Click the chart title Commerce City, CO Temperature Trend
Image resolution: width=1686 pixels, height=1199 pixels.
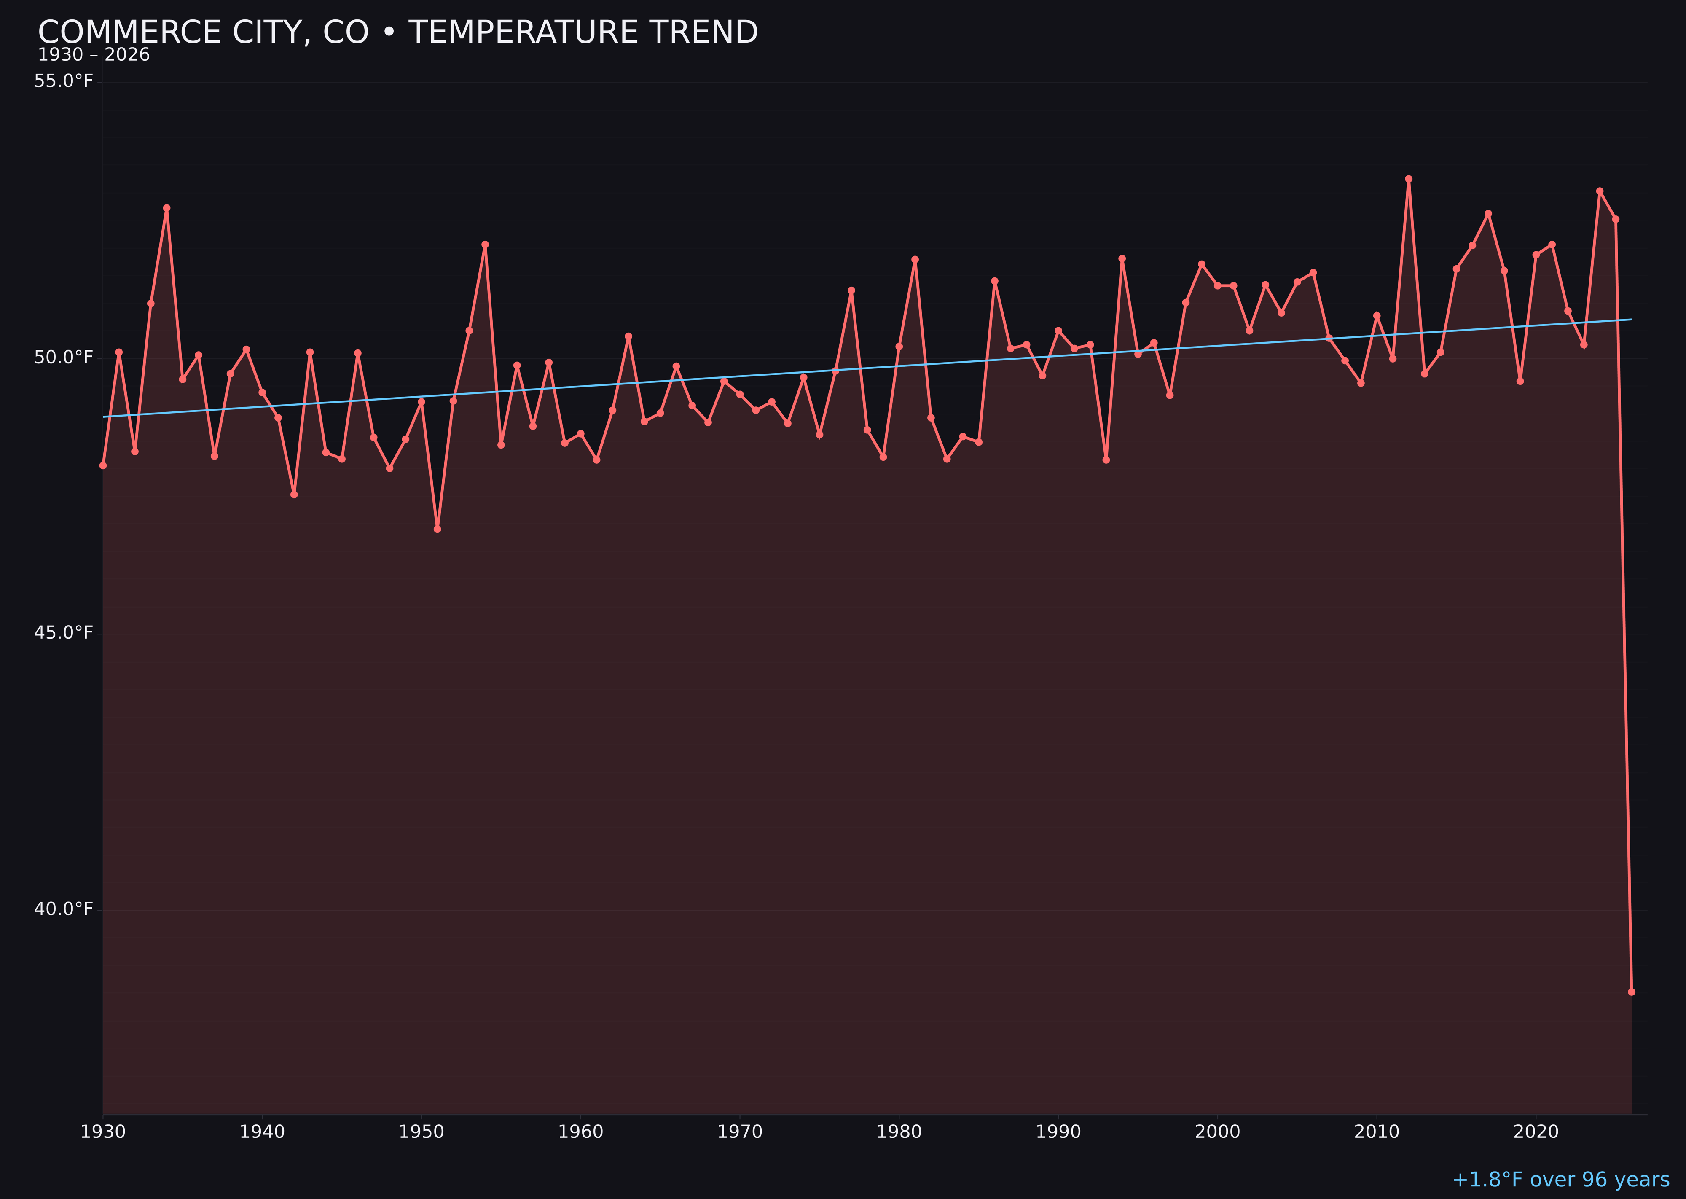click(398, 32)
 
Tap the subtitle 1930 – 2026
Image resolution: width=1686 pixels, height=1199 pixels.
click(94, 55)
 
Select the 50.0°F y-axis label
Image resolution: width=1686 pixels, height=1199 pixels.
click(64, 358)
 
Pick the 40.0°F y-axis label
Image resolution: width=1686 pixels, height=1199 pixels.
click(64, 909)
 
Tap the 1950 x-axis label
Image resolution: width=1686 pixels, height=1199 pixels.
click(421, 1132)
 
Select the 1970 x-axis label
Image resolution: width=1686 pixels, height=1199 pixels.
click(740, 1132)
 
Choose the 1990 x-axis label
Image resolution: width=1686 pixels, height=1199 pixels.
click(1058, 1132)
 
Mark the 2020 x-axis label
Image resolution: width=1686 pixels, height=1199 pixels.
click(1536, 1132)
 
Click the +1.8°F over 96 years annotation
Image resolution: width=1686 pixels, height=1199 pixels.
click(1560, 1180)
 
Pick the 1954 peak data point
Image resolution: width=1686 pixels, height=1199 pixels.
click(485, 245)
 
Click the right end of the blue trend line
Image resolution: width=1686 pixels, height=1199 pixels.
click(1631, 320)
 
